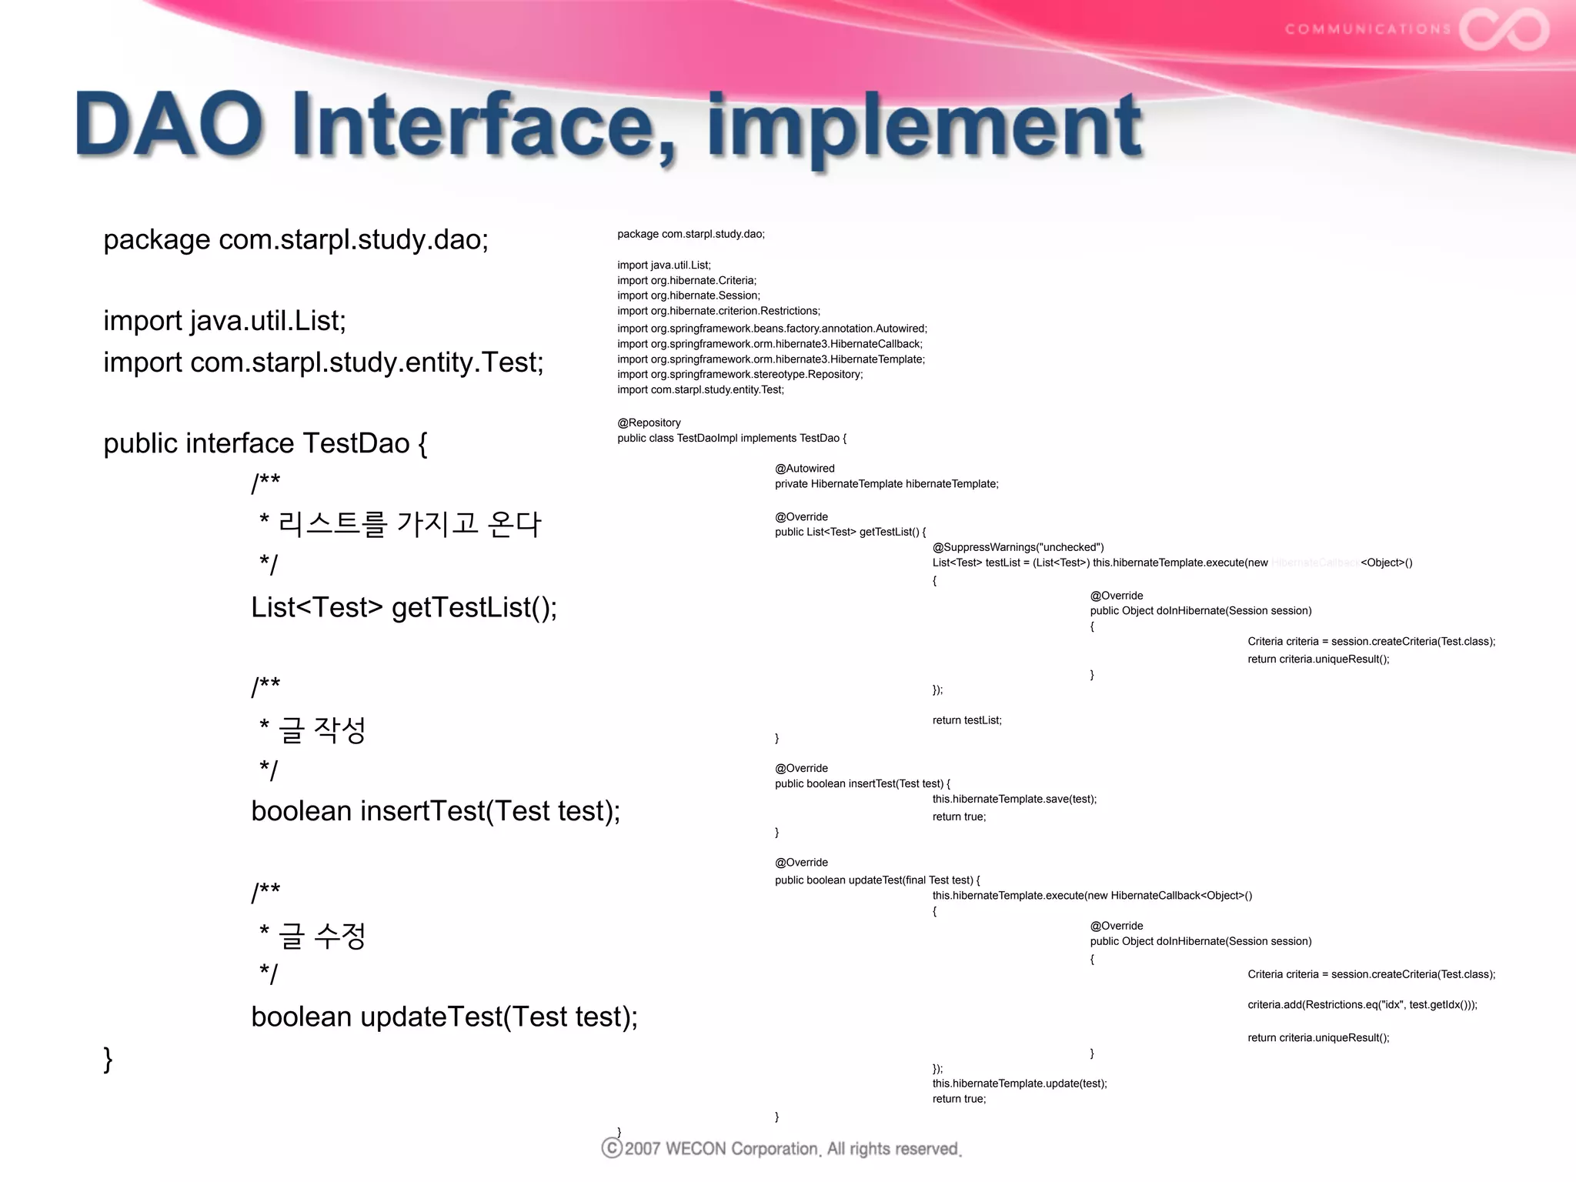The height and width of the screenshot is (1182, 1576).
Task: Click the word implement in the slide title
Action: point(923,127)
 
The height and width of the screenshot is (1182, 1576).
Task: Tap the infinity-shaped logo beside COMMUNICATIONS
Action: point(1504,29)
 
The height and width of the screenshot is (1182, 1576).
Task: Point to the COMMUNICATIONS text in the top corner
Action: point(1367,29)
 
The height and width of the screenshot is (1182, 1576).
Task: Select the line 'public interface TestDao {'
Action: point(265,443)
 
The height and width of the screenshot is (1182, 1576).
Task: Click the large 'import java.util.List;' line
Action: point(225,320)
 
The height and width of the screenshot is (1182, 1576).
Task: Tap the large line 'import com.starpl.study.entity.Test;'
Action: point(323,362)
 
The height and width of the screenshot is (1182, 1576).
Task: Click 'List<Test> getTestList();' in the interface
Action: point(404,607)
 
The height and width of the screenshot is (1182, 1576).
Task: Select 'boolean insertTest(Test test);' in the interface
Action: point(436,811)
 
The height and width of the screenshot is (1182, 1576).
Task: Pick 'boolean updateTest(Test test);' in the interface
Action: point(444,1017)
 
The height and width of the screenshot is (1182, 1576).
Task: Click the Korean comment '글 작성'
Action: point(321,729)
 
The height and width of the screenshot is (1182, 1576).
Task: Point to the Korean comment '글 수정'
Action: point(321,935)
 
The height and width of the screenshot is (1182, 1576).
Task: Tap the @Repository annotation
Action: point(649,422)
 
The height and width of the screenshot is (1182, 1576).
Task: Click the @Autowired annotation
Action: point(804,468)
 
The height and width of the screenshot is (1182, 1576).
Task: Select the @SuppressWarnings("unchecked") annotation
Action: point(1018,547)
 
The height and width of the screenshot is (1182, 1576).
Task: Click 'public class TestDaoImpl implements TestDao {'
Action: point(731,438)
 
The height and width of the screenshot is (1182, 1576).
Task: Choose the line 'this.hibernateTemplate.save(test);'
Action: point(1014,799)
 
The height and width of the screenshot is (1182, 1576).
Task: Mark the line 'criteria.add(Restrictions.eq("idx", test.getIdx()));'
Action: point(1362,1004)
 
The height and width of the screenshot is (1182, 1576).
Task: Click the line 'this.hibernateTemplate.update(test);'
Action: point(1020,1083)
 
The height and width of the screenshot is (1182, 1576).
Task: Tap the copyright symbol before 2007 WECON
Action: point(612,1148)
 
